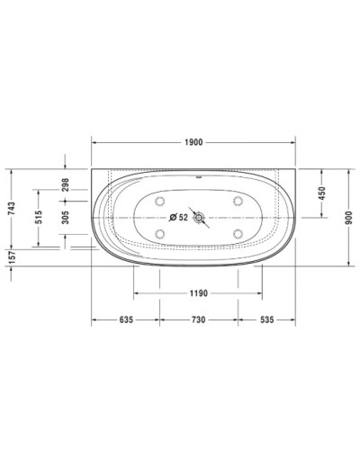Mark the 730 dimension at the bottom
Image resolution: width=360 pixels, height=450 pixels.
tap(198, 319)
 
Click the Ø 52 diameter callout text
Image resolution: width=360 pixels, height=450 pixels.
tap(178, 217)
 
